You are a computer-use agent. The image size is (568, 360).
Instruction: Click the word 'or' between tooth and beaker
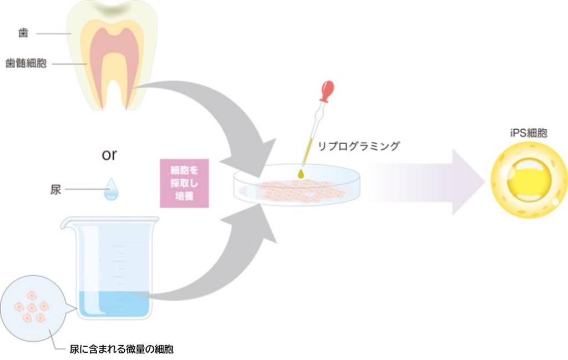pos(109,154)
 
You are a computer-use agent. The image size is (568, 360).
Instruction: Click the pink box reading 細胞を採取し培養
pos(184,184)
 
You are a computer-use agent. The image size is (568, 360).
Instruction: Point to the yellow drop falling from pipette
pos(301,174)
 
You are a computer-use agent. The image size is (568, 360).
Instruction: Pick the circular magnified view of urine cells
pos(33,307)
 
